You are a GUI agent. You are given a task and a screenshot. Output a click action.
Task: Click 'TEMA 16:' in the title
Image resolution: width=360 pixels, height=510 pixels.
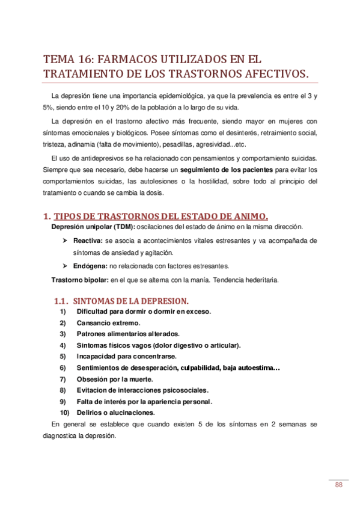[x=67, y=60]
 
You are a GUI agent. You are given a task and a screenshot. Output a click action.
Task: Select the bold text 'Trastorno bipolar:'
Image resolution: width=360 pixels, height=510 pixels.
[x=79, y=280]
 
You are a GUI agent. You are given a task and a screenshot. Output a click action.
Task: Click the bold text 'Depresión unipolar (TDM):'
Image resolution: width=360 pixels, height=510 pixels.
[x=93, y=226]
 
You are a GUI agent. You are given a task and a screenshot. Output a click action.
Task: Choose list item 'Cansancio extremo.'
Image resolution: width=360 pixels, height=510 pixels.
[x=108, y=322]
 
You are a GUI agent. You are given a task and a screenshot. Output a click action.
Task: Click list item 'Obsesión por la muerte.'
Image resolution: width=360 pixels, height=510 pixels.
[x=115, y=379]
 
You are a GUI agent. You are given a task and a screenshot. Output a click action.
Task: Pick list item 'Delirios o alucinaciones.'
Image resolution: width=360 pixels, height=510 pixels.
[x=116, y=413]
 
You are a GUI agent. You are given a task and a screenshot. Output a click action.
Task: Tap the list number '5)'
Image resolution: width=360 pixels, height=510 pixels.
[x=63, y=356]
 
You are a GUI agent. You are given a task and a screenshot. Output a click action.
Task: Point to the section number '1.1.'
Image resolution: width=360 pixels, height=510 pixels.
[x=63, y=300]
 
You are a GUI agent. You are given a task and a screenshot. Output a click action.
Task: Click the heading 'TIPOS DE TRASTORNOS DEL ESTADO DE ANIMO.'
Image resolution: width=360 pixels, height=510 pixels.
[x=161, y=216]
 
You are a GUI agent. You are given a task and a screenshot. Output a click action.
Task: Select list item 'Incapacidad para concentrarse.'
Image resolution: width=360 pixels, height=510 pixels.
[x=126, y=356]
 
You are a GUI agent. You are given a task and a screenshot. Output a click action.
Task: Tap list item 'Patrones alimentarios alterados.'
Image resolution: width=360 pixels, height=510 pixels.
[x=129, y=334]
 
